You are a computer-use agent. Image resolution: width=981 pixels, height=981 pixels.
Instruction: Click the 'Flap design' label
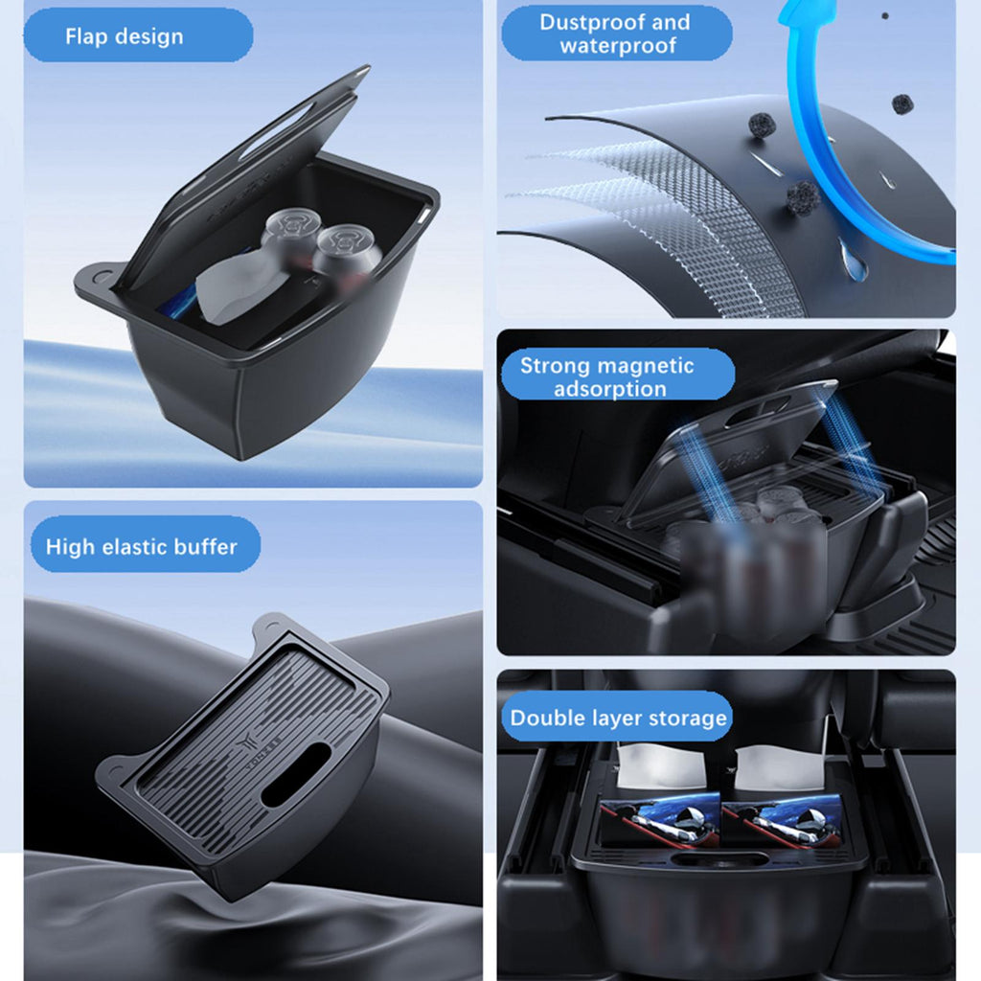125,36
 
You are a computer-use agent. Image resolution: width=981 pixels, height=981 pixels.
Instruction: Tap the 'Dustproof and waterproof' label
616,34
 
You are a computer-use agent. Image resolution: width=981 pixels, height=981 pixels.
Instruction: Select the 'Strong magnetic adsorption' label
607,376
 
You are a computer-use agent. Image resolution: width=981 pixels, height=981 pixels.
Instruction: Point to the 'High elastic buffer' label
142,547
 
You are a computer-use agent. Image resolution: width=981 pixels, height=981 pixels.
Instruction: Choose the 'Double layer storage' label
618,718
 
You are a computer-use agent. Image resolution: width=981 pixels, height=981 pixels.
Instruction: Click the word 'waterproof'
618,46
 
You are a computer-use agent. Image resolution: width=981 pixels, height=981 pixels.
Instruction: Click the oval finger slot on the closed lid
296,774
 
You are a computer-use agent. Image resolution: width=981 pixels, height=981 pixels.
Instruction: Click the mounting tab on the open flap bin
99,281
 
